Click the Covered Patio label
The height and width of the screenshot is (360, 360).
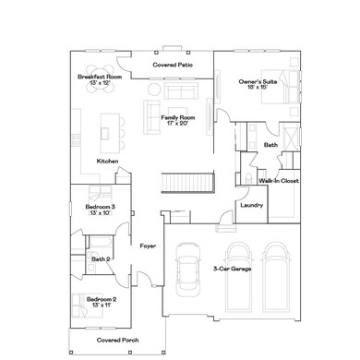[173, 66]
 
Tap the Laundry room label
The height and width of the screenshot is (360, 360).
[251, 205]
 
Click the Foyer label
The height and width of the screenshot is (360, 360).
[148, 246]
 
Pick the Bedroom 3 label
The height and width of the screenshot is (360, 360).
[101, 210]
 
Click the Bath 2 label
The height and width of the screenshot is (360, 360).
[101, 259]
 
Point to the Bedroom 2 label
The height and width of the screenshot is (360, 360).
[101, 302]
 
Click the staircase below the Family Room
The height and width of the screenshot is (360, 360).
[188, 182]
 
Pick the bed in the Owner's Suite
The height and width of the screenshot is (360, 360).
[282, 92]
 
